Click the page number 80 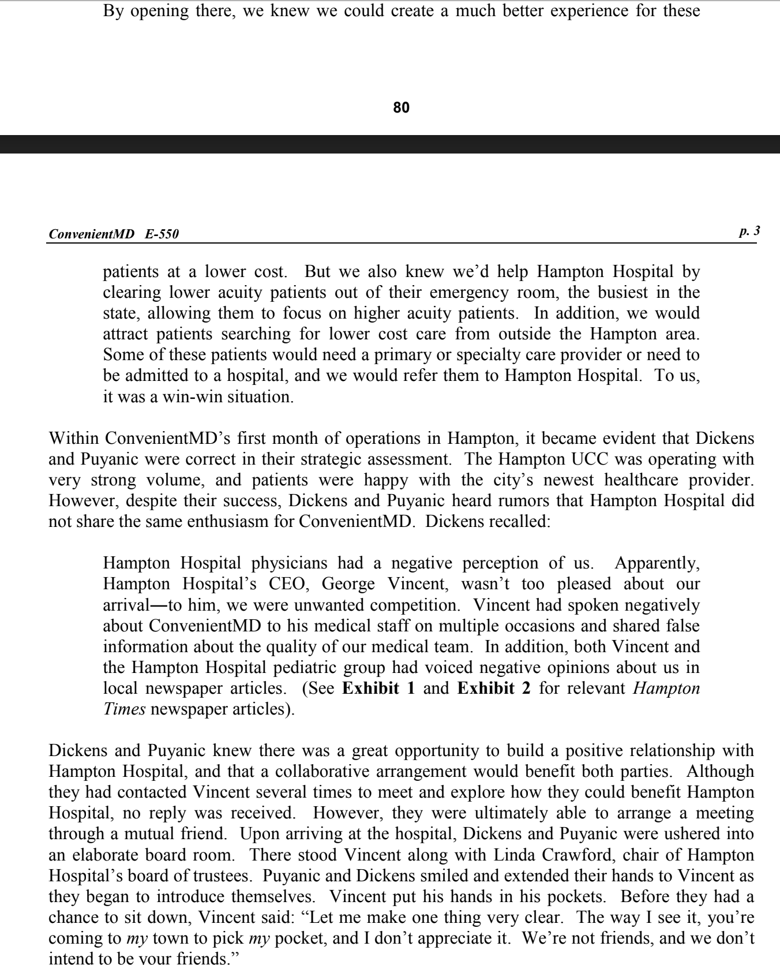click(401, 107)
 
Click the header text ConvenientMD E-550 click(114, 234)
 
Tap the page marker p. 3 click(749, 231)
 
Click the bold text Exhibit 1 click(378, 688)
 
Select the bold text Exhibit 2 click(493, 688)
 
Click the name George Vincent click(384, 584)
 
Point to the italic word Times click(123, 709)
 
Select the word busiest click(619, 292)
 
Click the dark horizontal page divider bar click(390, 144)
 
